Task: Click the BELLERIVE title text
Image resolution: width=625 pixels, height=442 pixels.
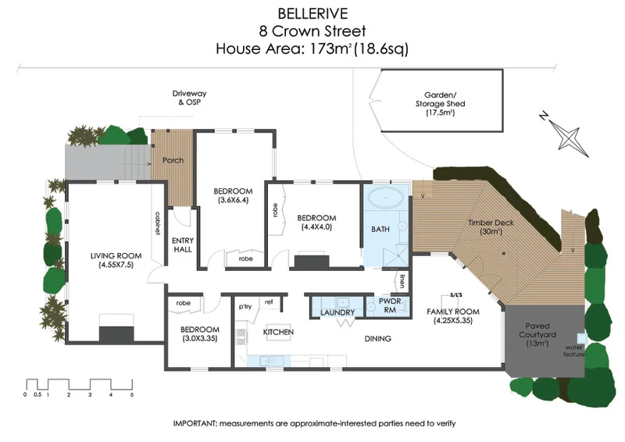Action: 312,13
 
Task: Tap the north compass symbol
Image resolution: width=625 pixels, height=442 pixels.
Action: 569,134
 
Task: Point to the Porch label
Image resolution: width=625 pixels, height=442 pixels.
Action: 173,160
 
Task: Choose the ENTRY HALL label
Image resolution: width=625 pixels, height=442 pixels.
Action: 183,245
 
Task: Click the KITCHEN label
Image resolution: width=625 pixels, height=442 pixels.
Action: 278,333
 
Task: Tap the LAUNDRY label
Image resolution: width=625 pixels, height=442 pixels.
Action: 337,312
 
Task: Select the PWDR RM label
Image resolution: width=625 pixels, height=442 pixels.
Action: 390,305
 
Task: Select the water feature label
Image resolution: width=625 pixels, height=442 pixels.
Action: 576,350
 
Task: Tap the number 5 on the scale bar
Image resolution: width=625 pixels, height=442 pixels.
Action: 132,396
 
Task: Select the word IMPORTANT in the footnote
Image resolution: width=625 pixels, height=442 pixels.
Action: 195,423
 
